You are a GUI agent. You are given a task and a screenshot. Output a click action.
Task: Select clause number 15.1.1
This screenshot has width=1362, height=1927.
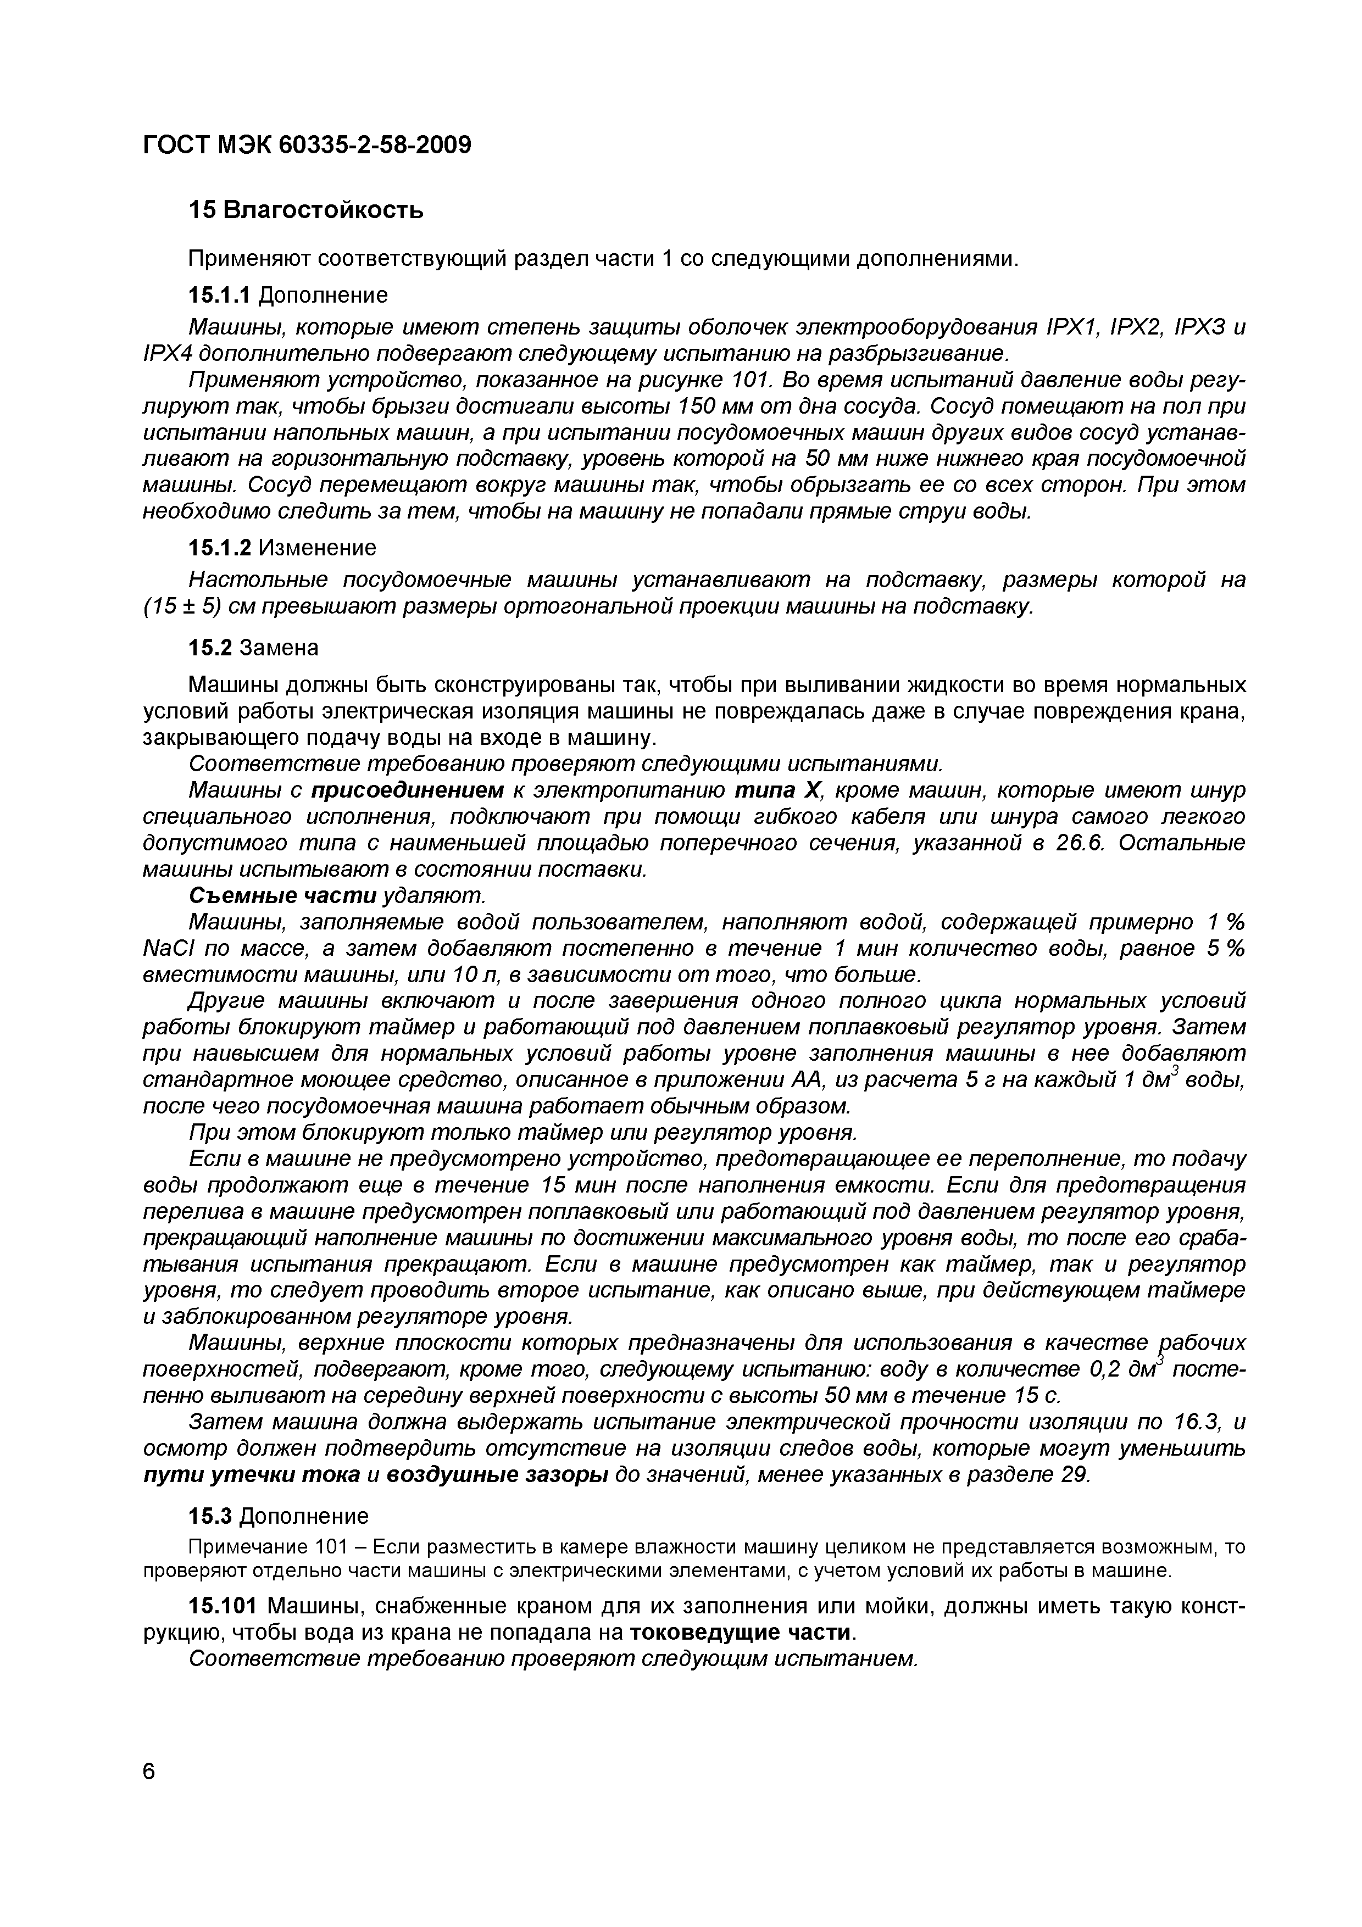pos(219,296)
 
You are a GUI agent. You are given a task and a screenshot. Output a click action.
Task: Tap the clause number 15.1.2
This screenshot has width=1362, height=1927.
pos(219,548)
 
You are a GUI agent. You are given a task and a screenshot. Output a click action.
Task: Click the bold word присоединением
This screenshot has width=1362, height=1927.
pos(408,790)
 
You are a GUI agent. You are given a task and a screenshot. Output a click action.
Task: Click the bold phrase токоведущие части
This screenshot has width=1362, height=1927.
pos(740,1633)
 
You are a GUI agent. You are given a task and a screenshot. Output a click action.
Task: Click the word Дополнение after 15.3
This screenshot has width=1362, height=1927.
pos(304,1517)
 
